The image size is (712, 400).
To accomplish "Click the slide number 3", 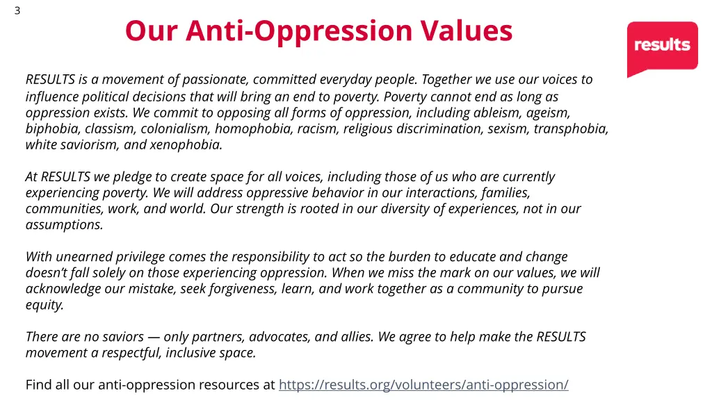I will (17, 10).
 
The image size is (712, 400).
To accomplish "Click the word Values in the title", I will (467, 31).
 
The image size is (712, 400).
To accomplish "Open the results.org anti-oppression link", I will (423, 384).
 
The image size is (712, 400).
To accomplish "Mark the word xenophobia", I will (189, 145).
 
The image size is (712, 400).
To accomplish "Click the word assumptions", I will (64, 225).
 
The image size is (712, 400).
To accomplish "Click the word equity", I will (44, 305).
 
